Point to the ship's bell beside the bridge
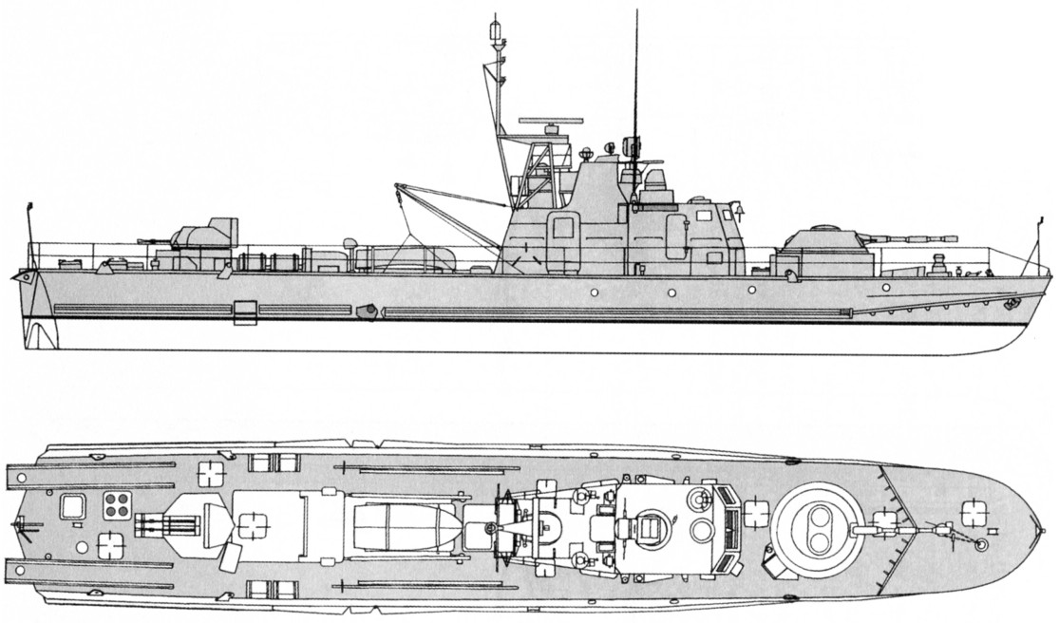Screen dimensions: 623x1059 pyautogui.click(x=737, y=207)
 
